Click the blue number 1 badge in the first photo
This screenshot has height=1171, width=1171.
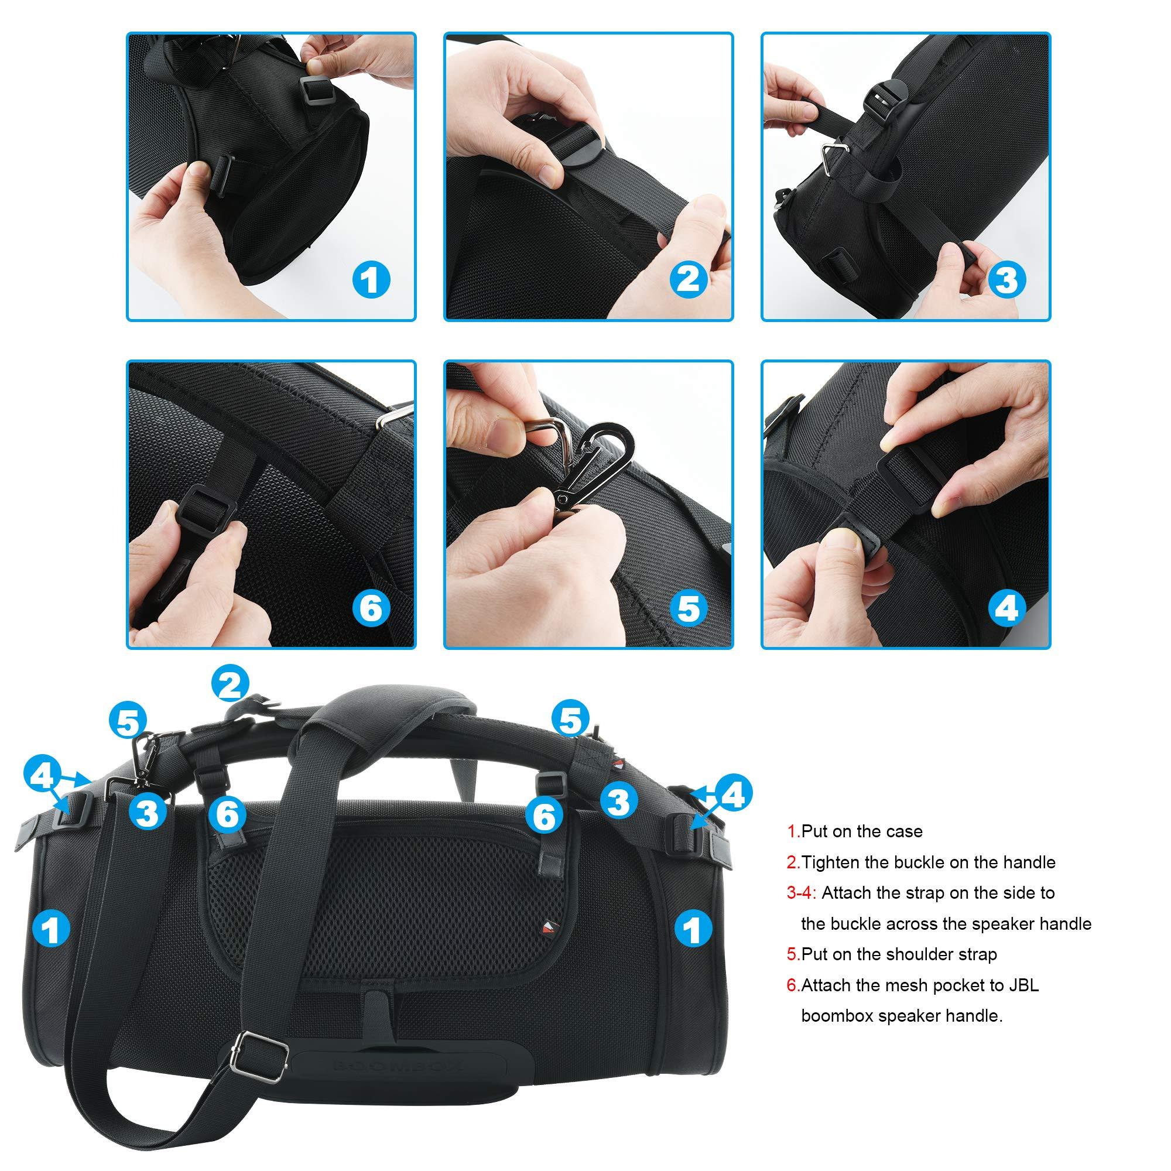point(371,279)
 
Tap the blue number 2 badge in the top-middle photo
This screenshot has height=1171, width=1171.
point(688,279)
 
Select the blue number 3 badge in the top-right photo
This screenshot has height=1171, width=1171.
point(1006,279)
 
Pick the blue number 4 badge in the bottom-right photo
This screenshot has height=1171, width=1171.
point(1006,608)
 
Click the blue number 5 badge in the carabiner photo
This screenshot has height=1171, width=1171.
point(688,608)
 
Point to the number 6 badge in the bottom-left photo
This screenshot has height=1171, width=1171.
point(371,608)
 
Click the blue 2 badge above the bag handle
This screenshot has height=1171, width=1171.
point(230,685)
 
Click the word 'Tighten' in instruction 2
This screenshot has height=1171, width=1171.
point(833,862)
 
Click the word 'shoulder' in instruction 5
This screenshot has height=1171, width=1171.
point(917,954)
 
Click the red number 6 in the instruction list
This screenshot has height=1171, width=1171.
point(792,985)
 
